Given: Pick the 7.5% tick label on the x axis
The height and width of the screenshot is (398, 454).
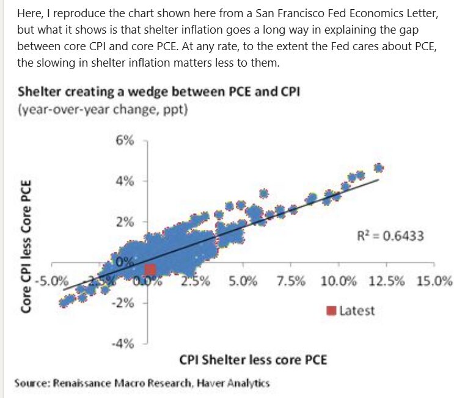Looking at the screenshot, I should pyautogui.click(x=291, y=282).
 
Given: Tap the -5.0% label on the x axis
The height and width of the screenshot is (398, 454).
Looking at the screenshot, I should pyautogui.click(x=51, y=282).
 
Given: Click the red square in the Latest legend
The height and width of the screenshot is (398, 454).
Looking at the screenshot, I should pyautogui.click(x=331, y=310).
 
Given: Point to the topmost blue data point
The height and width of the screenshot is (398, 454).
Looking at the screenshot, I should pyautogui.click(x=378, y=168).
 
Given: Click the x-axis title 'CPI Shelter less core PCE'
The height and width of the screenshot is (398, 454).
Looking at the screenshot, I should pyautogui.click(x=253, y=359).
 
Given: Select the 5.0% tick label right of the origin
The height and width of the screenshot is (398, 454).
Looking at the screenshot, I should pyautogui.click(x=243, y=282).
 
